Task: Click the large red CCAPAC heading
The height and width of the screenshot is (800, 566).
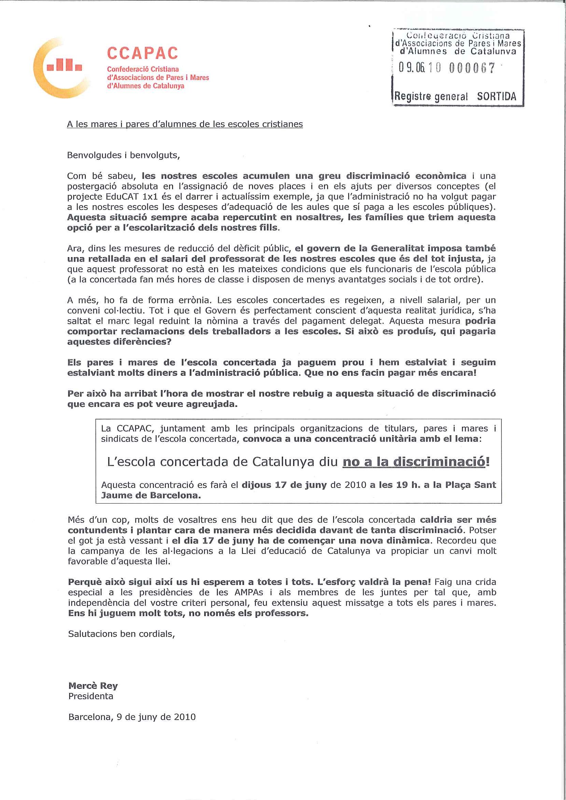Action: (143, 53)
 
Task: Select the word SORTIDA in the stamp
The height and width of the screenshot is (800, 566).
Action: (496, 96)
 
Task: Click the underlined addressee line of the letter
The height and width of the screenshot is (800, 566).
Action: (185, 124)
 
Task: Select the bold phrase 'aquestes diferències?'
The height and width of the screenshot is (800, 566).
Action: (119, 342)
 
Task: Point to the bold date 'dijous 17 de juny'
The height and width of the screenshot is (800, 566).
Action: (284, 485)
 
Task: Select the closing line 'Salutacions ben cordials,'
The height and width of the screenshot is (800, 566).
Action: (121, 634)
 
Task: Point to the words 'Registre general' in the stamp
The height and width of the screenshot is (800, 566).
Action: (431, 96)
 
